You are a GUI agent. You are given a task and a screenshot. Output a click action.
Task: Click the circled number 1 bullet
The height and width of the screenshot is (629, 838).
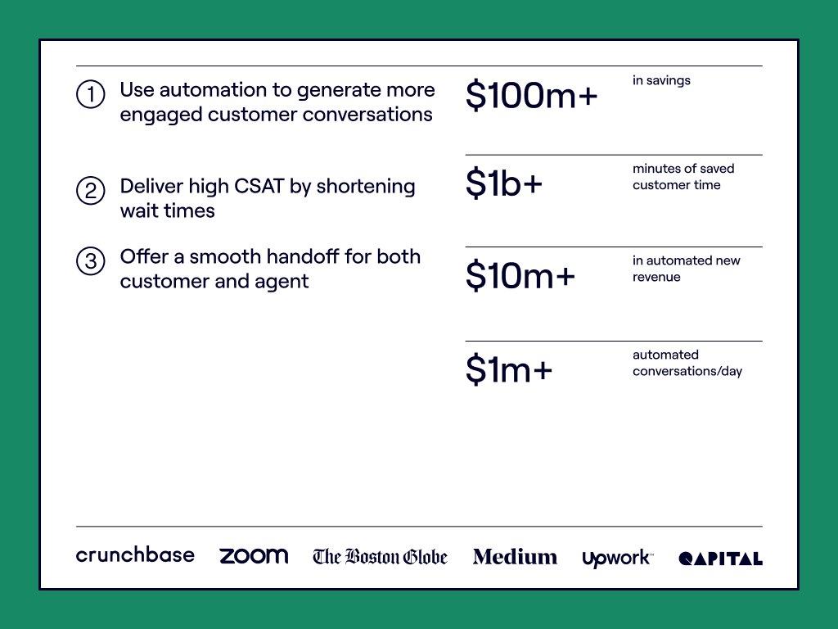click(90, 94)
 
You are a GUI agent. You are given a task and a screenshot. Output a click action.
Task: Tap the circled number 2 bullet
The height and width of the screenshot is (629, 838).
click(90, 191)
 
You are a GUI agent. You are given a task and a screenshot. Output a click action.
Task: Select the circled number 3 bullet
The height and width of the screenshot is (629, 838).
click(90, 261)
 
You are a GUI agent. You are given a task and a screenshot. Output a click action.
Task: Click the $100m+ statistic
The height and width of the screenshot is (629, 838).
click(531, 96)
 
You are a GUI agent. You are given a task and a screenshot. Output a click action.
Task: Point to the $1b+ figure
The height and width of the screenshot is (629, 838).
click(504, 183)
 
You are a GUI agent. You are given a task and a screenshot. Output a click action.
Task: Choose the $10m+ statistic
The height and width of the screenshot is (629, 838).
click(520, 276)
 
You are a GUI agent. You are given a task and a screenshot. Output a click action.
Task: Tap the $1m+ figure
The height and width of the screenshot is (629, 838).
click(509, 369)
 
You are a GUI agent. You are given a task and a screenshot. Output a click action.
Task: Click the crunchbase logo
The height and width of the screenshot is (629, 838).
click(135, 555)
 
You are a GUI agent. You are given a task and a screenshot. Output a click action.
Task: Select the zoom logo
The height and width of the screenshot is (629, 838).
click(254, 556)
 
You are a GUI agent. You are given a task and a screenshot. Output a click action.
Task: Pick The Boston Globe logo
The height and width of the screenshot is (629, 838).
click(380, 557)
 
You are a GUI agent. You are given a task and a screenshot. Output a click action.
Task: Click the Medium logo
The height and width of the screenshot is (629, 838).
click(515, 557)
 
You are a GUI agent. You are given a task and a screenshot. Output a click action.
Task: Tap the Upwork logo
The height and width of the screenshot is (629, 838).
click(618, 559)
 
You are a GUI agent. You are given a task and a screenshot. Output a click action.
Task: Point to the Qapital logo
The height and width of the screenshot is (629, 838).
click(720, 559)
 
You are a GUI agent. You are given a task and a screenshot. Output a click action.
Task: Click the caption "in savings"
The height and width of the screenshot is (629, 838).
click(661, 81)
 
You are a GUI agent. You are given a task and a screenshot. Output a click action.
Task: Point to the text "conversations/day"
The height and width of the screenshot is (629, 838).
click(687, 371)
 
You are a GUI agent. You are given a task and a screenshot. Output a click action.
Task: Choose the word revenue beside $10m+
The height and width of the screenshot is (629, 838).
click(656, 277)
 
